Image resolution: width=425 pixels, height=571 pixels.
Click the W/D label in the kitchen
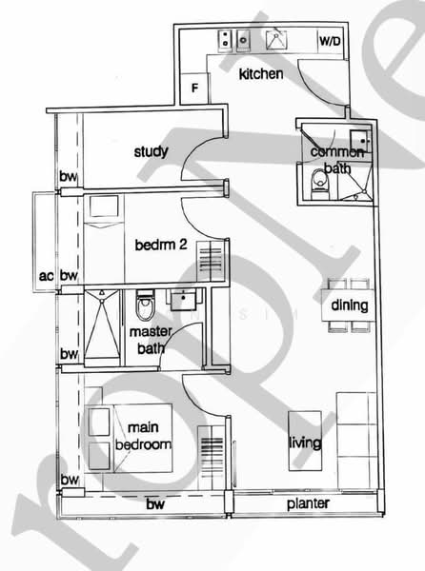(x=329, y=42)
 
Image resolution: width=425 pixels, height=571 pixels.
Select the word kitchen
(x=261, y=74)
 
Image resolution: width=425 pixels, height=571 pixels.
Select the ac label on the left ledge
(x=44, y=276)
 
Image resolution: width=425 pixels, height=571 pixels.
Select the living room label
(x=305, y=443)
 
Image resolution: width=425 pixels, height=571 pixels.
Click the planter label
(x=311, y=503)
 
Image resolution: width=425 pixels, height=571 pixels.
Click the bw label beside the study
(x=67, y=177)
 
